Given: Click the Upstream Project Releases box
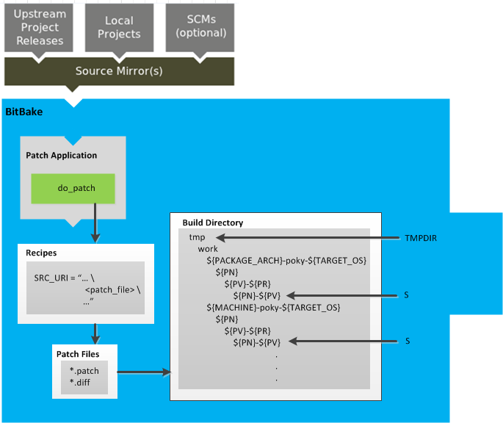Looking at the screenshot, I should click(x=40, y=27).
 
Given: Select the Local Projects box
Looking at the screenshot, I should click(x=118, y=27).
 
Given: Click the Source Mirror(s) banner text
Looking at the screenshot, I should click(x=119, y=71).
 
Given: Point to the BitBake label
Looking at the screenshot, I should click(x=24, y=112).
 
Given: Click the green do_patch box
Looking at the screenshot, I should click(x=73, y=189).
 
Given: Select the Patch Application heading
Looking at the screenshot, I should click(x=61, y=156).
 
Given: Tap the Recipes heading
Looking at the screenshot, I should click(x=41, y=253).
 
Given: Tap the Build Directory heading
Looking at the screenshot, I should click(x=212, y=223).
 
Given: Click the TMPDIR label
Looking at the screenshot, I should click(x=421, y=238).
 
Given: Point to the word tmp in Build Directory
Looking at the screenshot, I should click(x=197, y=238).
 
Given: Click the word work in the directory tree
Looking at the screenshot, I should click(x=208, y=250).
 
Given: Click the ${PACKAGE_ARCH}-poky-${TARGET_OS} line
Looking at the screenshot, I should click(x=286, y=261).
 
